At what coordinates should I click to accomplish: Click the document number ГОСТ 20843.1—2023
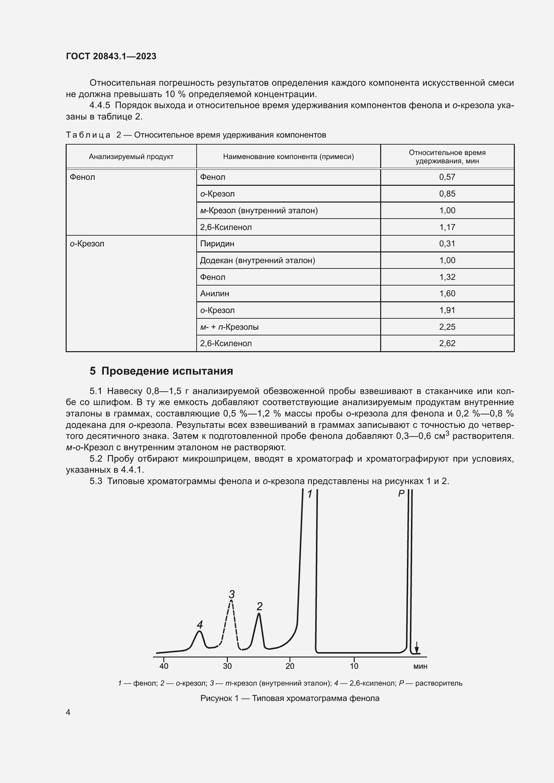click(111, 56)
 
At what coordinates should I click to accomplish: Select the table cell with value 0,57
click(447, 177)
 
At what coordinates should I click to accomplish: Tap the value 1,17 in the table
click(447, 227)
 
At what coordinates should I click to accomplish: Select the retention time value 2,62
click(447, 343)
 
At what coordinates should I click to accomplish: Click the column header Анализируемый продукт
click(131, 157)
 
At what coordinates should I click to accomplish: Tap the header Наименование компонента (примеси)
click(288, 157)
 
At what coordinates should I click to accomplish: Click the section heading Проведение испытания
click(167, 371)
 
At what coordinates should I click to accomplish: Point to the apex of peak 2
click(259, 614)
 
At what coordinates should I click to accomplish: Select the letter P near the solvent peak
click(401, 493)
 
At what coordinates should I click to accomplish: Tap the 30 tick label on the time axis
click(227, 666)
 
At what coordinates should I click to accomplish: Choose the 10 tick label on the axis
click(354, 666)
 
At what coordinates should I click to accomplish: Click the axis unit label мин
click(420, 667)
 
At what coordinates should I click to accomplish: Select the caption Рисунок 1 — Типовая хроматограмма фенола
click(290, 698)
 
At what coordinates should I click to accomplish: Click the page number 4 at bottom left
click(68, 712)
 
